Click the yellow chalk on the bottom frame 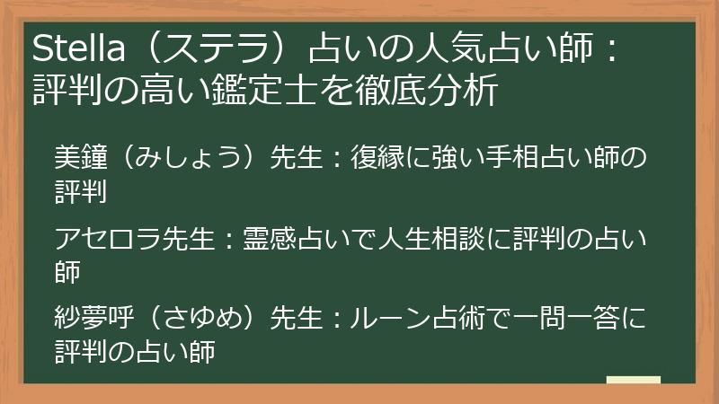coord(634,381)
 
